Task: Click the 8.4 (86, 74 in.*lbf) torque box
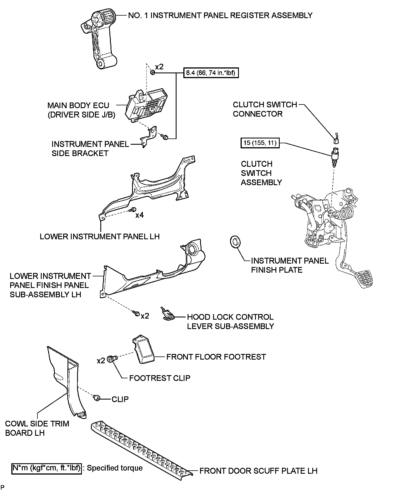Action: (211, 73)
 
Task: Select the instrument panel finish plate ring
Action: (235, 242)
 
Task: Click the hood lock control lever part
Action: (168, 314)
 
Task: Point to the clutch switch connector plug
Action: (336, 140)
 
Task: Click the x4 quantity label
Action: (139, 215)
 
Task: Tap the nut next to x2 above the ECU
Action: (152, 72)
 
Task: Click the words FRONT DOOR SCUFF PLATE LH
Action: (258, 471)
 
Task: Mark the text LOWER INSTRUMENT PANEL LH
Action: (99, 236)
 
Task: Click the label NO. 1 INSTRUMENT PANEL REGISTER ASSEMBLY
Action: (220, 15)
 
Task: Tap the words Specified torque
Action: (114, 468)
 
